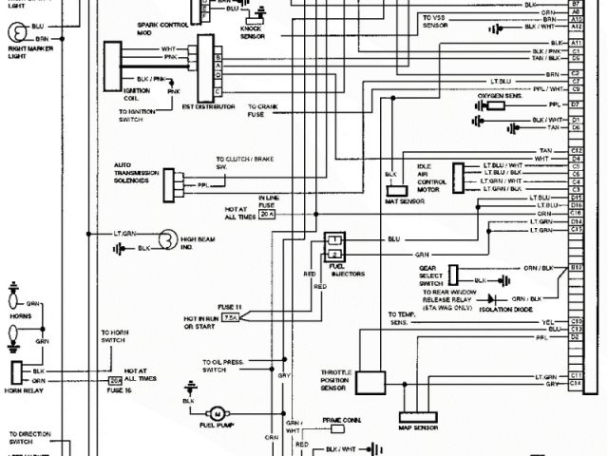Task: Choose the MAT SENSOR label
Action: (x=398, y=201)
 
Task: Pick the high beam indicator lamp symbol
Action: (x=167, y=238)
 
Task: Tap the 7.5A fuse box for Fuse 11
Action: (x=232, y=319)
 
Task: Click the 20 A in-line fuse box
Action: (x=266, y=215)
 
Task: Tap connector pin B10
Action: (x=577, y=269)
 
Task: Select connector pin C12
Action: (x=577, y=151)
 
